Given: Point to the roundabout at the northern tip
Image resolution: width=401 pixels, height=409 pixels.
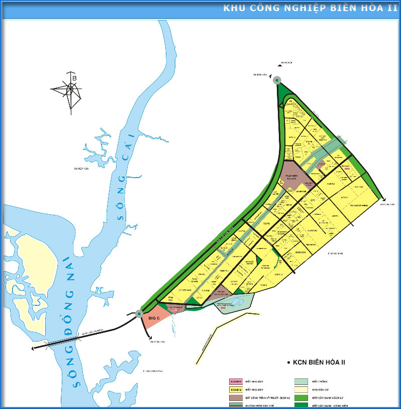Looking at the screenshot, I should [277, 80].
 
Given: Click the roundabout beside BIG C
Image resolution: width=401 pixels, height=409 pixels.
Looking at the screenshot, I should [139, 314].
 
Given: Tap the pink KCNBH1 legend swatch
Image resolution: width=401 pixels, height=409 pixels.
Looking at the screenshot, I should [236, 382].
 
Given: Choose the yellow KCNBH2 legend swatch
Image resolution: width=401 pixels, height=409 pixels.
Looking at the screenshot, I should [236, 389].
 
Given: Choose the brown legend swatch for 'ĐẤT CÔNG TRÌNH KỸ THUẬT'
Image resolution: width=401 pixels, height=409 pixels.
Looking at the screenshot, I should [236, 397].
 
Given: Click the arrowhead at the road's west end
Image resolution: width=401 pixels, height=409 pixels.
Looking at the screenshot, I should [33, 348].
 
